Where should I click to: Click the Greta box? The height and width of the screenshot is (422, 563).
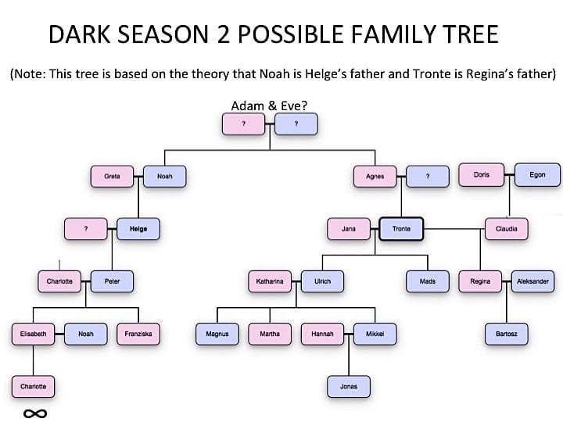click(x=112, y=176)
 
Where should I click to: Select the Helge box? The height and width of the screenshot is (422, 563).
click(x=138, y=228)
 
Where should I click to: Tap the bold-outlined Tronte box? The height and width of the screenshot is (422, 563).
click(x=401, y=228)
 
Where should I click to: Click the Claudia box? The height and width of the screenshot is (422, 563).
click(x=506, y=228)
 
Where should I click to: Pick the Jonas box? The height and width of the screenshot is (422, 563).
click(x=349, y=387)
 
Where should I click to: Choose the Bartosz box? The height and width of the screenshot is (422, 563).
click(x=506, y=334)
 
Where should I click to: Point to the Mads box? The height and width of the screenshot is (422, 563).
click(x=428, y=281)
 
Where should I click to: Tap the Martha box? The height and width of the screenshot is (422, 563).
click(x=270, y=334)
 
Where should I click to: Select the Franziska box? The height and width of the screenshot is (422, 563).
click(x=138, y=334)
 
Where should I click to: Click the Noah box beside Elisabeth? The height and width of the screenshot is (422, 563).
click(x=86, y=334)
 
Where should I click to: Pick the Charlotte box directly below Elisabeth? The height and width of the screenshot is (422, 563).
click(x=33, y=387)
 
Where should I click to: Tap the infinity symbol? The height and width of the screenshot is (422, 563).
click(x=35, y=413)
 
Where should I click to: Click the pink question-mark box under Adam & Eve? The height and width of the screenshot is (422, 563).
click(x=243, y=123)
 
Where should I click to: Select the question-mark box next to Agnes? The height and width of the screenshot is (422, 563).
click(x=428, y=176)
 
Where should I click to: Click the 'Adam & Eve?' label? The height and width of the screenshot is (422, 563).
click(x=269, y=105)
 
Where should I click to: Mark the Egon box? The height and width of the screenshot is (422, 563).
click(x=537, y=175)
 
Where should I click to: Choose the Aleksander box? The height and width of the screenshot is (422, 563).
click(x=533, y=281)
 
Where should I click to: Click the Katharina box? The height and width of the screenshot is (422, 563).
click(x=270, y=281)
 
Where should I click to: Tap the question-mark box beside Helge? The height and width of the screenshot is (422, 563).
click(x=86, y=228)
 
